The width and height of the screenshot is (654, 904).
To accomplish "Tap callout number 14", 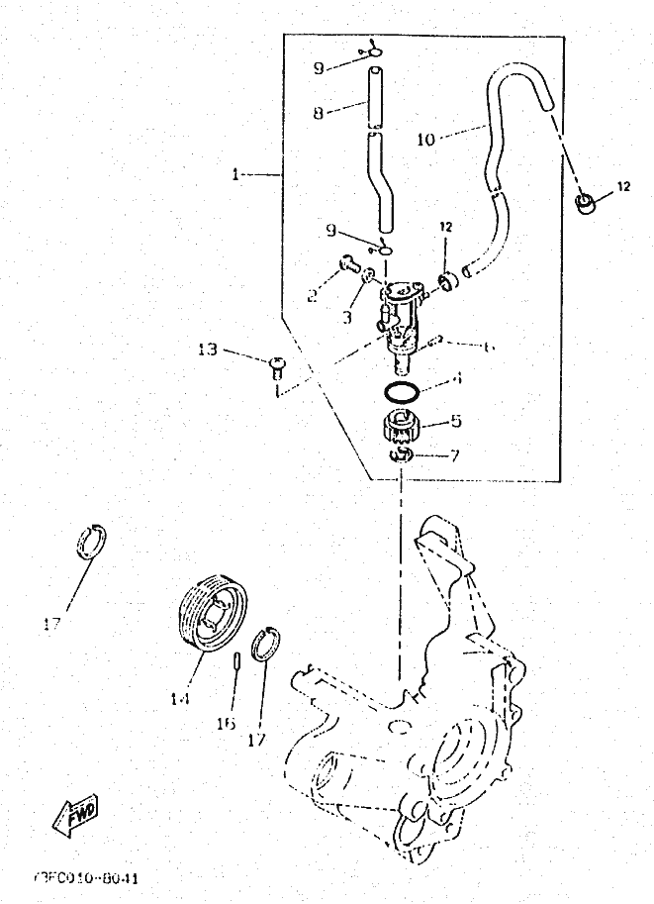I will click(179, 698).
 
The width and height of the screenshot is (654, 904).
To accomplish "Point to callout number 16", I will click(227, 724).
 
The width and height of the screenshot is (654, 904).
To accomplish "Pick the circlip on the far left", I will click(92, 541).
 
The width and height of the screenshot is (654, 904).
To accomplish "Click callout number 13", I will click(208, 350).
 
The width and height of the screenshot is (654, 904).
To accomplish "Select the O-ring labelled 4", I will click(400, 392).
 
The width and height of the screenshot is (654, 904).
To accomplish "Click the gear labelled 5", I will click(401, 430).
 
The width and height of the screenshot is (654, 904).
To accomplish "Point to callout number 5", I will click(456, 421).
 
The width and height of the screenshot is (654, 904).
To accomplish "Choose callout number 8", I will click(319, 113).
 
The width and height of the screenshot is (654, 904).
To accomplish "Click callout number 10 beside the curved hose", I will click(425, 140).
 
